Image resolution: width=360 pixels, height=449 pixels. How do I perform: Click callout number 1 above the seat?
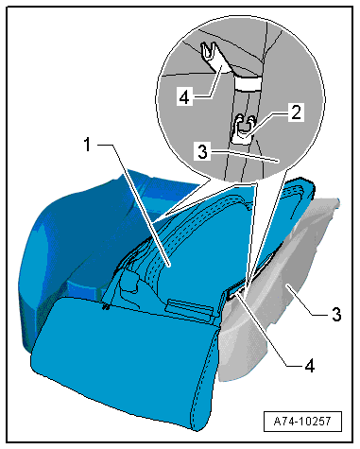pyautogui.click(x=87, y=146)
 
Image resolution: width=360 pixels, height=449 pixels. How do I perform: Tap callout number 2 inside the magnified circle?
pyautogui.click(x=296, y=112)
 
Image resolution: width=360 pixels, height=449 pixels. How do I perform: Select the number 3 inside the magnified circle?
pyautogui.click(x=202, y=151)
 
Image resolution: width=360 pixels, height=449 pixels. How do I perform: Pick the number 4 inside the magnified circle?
pyautogui.click(x=184, y=96)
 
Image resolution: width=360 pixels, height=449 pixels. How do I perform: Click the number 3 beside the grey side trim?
pyautogui.click(x=336, y=314)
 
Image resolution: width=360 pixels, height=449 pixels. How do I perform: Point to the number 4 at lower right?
pyautogui.click(x=310, y=366)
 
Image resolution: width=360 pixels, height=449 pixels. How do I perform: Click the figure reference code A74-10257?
pyautogui.click(x=302, y=421)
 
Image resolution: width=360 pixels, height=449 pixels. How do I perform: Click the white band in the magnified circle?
pyautogui.click(x=248, y=84)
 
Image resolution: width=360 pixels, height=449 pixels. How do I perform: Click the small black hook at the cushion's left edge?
pyautogui.click(x=106, y=306)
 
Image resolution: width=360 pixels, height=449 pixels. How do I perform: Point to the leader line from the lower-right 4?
pyautogui.click(x=268, y=329)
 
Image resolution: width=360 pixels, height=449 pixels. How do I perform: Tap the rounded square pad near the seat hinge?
pyautogui.click(x=129, y=281)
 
